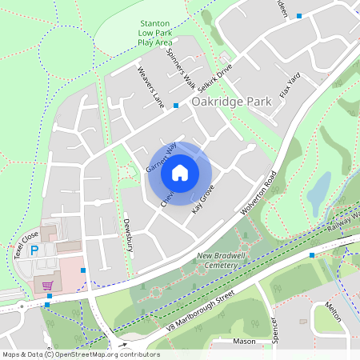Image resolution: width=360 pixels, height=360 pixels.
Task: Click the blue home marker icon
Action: point(180,172)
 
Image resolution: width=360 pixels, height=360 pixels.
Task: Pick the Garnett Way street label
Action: point(161,157)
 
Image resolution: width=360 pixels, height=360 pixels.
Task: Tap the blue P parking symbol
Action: point(34,250)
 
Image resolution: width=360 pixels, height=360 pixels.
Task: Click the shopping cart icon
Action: point(48,285)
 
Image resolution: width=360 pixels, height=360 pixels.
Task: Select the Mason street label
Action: point(244,342)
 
